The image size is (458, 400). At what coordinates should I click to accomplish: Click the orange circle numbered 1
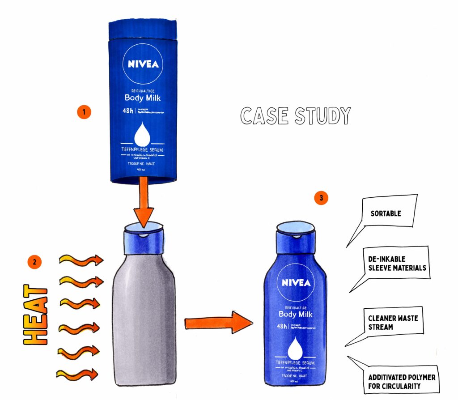tap(84, 111)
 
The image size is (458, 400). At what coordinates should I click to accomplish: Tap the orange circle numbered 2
tap(34, 262)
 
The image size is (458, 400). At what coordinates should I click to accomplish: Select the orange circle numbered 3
tap(321, 198)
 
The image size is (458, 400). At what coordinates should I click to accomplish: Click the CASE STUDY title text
tap(295, 116)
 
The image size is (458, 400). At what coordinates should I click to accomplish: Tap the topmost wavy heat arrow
tap(81, 260)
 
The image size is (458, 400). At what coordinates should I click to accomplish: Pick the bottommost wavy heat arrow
tap(77, 373)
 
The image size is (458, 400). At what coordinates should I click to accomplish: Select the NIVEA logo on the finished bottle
tap(296, 283)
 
